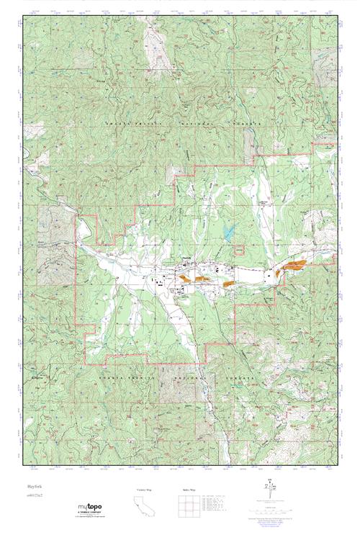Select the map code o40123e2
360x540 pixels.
[x=32, y=497]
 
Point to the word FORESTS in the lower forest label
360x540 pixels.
[x=245, y=377]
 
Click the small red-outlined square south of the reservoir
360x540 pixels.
[x=240, y=250]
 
